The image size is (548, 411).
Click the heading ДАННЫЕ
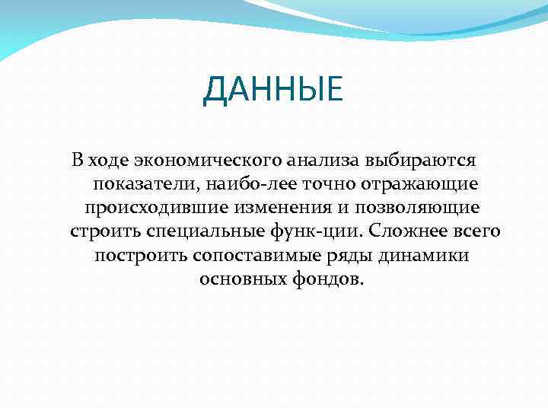pyautogui.click(x=273, y=91)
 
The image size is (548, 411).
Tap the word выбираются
pyautogui.click(x=421, y=161)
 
